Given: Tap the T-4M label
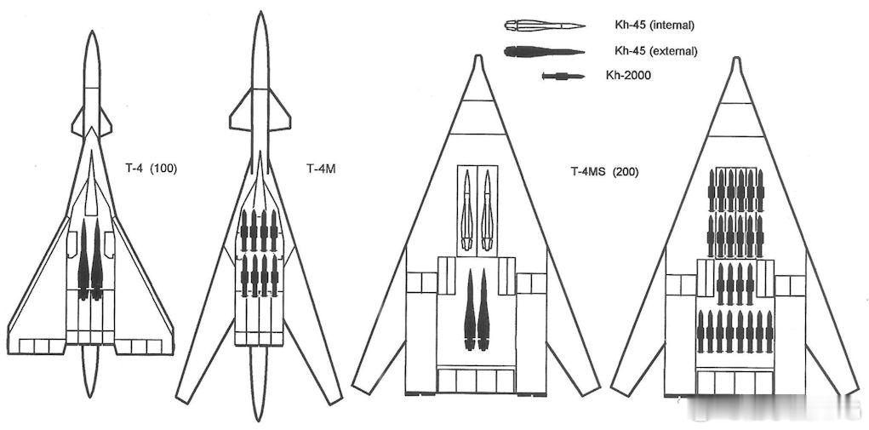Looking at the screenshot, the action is pyautogui.click(x=321, y=169).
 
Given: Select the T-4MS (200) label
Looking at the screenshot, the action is pyautogui.click(x=604, y=172).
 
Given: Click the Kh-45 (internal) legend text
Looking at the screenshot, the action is pyautogui.click(x=654, y=25).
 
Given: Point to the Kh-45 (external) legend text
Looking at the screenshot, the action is pyautogui.click(x=655, y=51).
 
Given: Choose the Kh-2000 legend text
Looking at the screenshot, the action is pyautogui.click(x=628, y=76).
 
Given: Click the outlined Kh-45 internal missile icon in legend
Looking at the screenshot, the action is pyautogui.click(x=545, y=25).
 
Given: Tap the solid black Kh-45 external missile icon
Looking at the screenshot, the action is pyautogui.click(x=544, y=52).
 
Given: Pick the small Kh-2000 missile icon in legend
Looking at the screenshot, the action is pyautogui.click(x=563, y=76).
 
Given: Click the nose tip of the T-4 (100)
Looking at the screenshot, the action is pyautogui.click(x=93, y=31).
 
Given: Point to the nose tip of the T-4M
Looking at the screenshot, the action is pyautogui.click(x=260, y=12).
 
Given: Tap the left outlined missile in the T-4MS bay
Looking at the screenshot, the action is pyautogui.click(x=467, y=210).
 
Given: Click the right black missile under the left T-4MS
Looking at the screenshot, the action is pyautogui.click(x=483, y=310).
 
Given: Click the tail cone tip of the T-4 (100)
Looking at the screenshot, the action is pyautogui.click(x=90, y=397).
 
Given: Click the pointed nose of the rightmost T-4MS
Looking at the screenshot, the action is pyautogui.click(x=736, y=58).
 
